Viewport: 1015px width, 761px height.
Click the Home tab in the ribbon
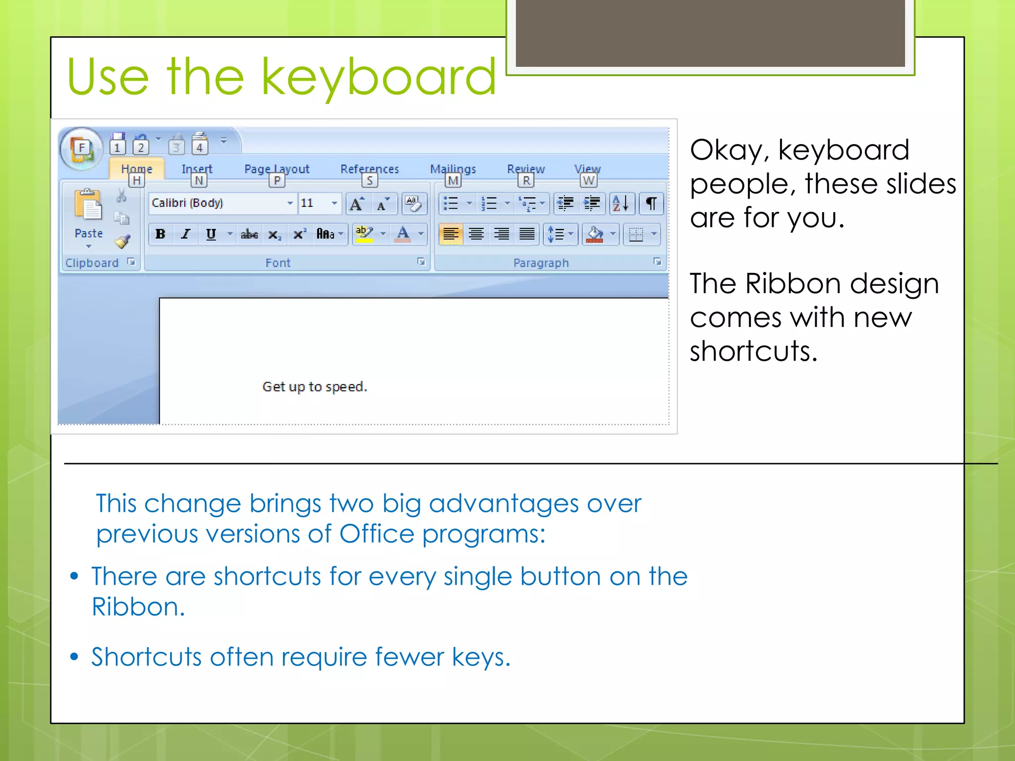coord(136,169)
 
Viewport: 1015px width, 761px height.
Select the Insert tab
coord(197,169)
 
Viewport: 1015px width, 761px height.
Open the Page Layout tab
coord(277,169)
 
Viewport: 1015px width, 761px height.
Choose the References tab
coord(369,169)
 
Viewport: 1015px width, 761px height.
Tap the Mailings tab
coord(452,169)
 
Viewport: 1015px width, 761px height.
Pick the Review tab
coord(525,169)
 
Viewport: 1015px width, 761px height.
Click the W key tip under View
coord(588,180)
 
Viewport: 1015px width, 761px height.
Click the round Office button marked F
coord(81,148)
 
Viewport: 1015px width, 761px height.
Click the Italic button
coord(186,234)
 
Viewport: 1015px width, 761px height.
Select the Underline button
coord(211,234)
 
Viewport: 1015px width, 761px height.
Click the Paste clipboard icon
coord(88,205)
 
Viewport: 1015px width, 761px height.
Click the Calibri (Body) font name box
coord(218,203)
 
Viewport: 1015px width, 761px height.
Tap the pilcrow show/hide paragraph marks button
coord(651,203)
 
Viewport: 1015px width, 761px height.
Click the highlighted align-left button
coord(451,234)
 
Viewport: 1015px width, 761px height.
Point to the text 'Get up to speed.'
coord(315,386)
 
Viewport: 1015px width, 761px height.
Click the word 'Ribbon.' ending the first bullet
coord(138,607)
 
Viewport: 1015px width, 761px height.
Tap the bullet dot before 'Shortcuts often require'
coord(74,657)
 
